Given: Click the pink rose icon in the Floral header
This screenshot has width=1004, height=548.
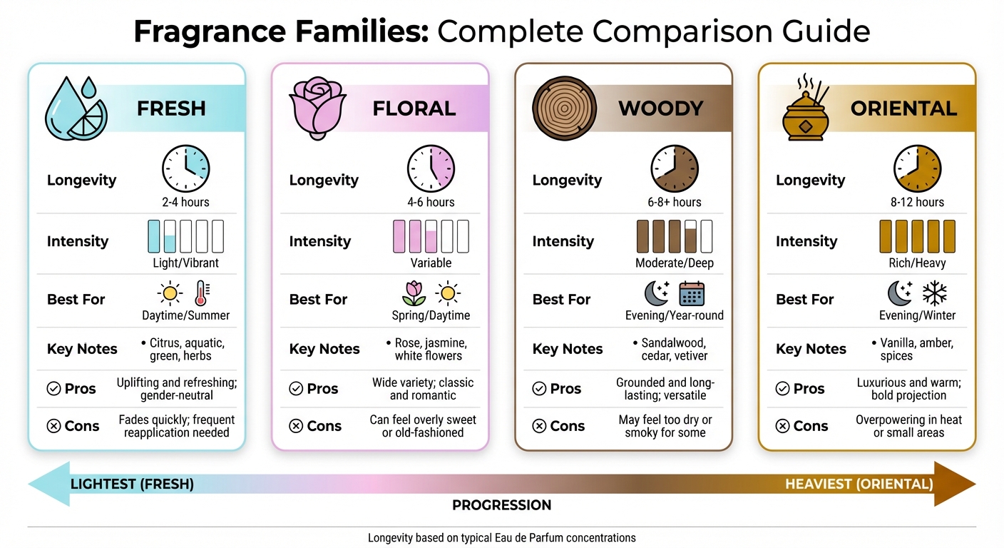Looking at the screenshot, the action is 318,108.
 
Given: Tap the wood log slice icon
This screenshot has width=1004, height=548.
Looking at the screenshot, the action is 564,108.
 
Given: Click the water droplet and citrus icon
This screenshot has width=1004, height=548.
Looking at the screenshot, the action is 76,108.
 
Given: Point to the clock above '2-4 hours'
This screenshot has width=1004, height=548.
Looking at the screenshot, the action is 185,168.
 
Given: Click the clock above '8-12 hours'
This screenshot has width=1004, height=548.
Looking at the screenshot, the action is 917,168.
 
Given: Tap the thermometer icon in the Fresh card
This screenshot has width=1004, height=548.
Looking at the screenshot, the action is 202,293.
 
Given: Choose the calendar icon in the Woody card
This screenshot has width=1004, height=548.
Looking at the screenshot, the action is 692,294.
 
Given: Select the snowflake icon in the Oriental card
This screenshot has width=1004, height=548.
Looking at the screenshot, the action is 935,294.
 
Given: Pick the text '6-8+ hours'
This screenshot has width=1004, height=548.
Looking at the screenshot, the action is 674,202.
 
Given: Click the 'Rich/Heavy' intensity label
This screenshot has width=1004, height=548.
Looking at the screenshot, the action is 917,263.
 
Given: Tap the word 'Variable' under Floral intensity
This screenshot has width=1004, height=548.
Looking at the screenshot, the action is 431,263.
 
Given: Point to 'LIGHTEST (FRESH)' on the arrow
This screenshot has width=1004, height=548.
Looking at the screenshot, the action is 132,484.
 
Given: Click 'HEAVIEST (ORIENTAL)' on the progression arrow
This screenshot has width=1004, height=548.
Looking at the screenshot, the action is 859,484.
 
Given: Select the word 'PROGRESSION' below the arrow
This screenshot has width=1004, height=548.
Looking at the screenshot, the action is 501,505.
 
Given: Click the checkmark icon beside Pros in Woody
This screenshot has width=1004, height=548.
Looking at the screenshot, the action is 539,388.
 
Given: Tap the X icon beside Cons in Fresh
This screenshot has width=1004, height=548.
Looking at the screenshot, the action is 53,425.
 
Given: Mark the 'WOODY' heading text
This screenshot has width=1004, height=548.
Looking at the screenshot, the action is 661,108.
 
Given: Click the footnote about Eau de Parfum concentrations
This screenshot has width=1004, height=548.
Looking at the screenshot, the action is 501,538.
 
